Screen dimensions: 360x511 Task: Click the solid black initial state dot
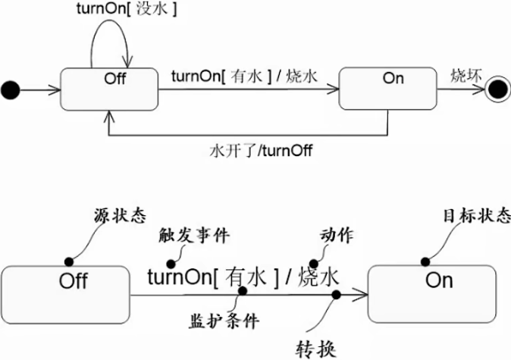pos(10,90)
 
